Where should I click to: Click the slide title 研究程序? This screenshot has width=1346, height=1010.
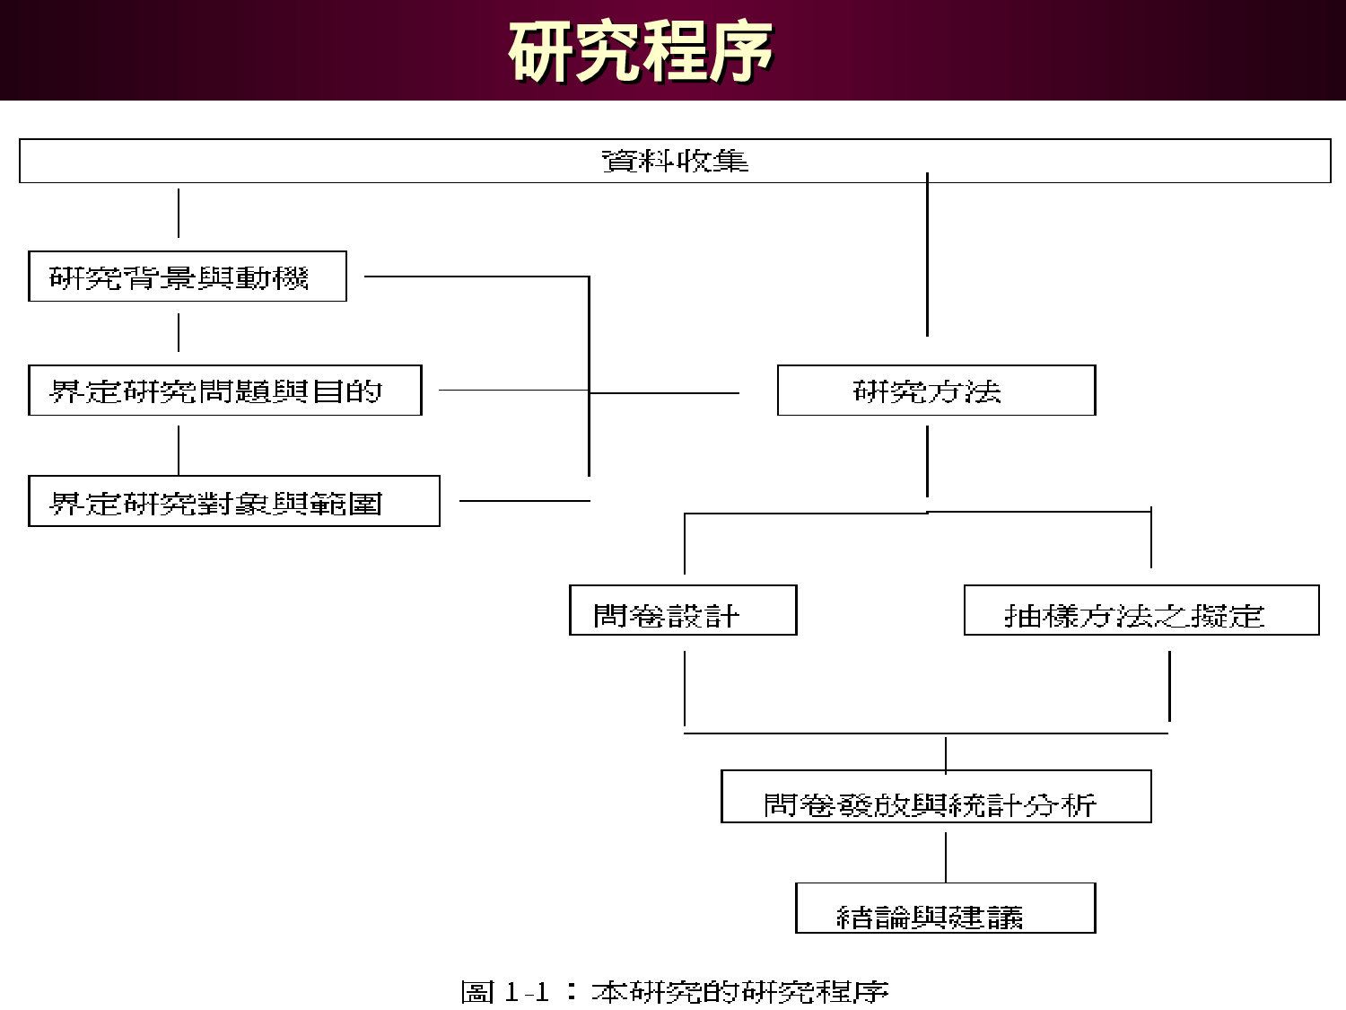click(641, 51)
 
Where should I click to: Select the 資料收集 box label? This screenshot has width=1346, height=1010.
click(675, 161)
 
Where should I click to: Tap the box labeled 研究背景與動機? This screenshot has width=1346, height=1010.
click(187, 277)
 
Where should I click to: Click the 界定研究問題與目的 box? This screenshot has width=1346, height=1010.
click(224, 391)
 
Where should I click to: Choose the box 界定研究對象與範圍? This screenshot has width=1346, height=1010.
click(233, 501)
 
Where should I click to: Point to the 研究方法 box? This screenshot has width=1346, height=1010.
click(936, 391)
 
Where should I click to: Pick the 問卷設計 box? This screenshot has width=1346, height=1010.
click(683, 610)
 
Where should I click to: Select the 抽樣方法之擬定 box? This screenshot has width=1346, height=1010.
click(1141, 610)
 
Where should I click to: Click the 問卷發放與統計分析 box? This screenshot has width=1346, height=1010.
click(936, 797)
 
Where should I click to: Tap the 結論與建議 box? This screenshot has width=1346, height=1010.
click(945, 909)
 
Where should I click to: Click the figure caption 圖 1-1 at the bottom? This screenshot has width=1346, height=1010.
click(674, 992)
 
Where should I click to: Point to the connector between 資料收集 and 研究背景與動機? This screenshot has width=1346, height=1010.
click(179, 214)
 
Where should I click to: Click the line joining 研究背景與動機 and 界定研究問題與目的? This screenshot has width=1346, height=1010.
click(179, 332)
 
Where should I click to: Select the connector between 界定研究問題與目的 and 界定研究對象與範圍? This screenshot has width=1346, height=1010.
click(179, 450)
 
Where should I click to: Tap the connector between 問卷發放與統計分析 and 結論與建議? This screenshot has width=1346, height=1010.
click(946, 856)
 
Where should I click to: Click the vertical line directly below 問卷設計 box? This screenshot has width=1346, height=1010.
click(685, 688)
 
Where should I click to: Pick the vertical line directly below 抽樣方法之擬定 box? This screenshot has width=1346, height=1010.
click(1169, 686)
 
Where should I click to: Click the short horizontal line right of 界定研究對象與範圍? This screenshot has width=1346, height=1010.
click(524, 501)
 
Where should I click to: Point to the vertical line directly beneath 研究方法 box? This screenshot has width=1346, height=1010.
click(927, 461)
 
